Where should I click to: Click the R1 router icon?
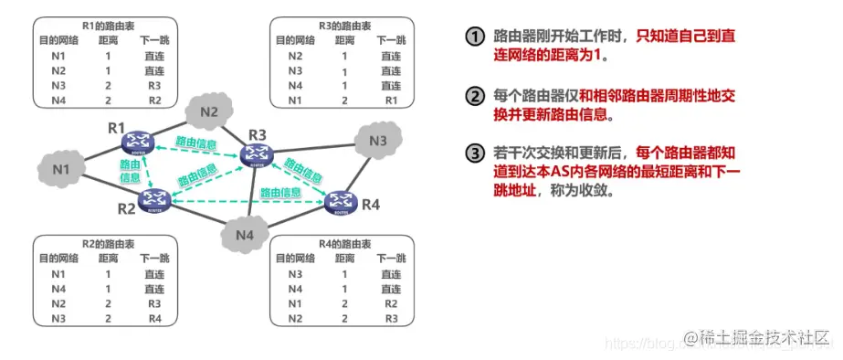coord(139,139)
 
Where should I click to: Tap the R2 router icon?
coord(157,198)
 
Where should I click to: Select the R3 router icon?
coord(257,157)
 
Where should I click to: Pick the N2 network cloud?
coord(209,112)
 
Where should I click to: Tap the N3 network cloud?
coord(378,141)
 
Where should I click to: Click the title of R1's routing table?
coord(100,27)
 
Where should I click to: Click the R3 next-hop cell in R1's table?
coord(154,85)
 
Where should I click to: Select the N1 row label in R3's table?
coord(296,99)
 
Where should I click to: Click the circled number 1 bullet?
coord(473,37)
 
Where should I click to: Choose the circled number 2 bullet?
coord(473,97)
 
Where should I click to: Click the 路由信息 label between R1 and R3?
coord(197,143)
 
